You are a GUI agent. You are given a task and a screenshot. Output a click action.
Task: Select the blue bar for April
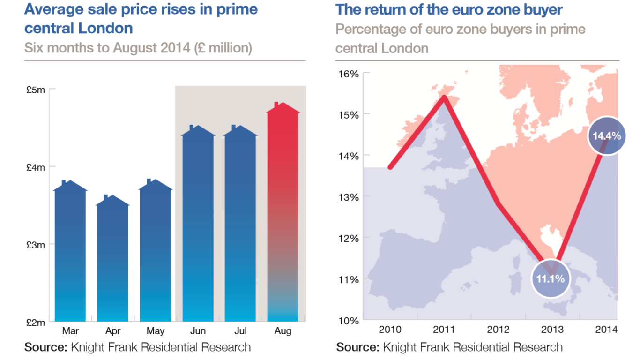pyautogui.click(x=113, y=262)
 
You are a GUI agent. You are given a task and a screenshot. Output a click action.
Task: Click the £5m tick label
pyautogui.click(x=36, y=89)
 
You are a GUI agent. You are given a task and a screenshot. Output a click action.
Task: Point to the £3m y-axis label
pyautogui.click(x=36, y=245)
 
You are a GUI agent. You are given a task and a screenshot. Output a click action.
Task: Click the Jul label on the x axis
pyautogui.click(x=240, y=331)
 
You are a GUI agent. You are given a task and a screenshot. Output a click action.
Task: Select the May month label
pyautogui.click(x=156, y=331)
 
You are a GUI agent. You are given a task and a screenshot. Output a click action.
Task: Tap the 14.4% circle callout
pyautogui.click(x=607, y=136)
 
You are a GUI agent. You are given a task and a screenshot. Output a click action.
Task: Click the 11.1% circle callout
pyautogui.click(x=551, y=279)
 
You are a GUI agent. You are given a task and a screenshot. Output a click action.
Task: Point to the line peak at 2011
pyautogui.click(x=444, y=97)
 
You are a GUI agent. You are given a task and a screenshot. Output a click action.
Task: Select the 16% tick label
pyautogui.click(x=348, y=74)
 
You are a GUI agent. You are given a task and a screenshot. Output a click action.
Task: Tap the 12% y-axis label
pyautogui.click(x=348, y=238)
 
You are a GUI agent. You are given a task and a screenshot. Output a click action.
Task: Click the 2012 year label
pyautogui.click(x=498, y=330)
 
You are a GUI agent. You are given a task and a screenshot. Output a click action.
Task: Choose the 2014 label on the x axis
pyautogui.click(x=606, y=330)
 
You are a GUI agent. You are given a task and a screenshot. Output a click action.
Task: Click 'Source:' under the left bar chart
pyautogui.click(x=45, y=347)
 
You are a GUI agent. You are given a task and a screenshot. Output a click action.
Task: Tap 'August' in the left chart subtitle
pyautogui.click(x=135, y=48)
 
